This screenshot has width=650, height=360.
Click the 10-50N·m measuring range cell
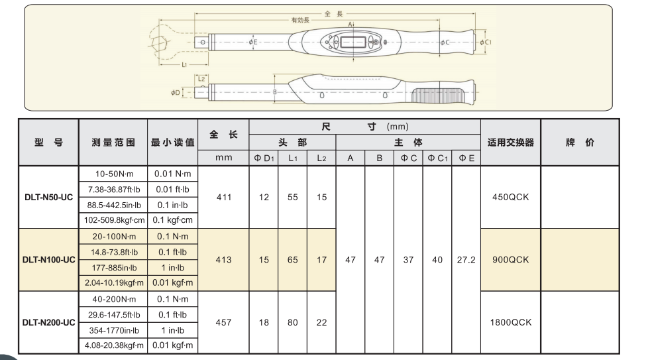113,174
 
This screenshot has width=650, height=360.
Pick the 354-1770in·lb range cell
113,330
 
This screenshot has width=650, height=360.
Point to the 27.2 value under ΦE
466,260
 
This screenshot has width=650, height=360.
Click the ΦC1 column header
437,158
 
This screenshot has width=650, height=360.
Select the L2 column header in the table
321,158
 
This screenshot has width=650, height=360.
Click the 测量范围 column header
113,143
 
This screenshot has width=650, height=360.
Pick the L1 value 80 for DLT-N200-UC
292,322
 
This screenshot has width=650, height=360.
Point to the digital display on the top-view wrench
351,42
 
